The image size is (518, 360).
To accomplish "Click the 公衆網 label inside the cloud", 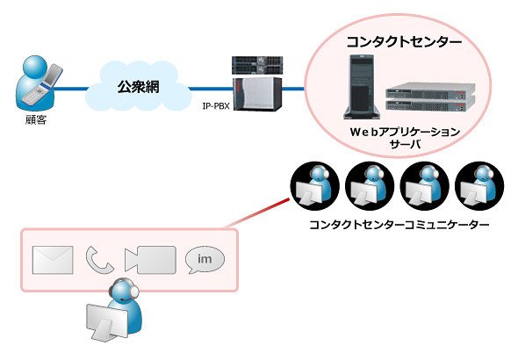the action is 139,87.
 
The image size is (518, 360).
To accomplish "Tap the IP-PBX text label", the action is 216,106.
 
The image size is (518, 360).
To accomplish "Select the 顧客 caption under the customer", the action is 36,119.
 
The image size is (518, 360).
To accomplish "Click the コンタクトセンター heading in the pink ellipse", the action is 404,42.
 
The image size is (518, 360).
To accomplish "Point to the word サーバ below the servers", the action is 405,144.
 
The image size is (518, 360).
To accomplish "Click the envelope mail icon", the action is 53,260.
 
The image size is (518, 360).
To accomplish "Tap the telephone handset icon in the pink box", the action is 99,260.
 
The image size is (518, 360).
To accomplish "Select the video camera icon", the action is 150,260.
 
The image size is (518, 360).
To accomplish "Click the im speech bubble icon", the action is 205,259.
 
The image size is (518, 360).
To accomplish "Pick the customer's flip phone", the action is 44,85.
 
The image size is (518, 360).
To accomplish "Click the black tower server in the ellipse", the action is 362,87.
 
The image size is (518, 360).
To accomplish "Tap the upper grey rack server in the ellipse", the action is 430,90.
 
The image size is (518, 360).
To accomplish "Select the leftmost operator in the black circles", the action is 315,186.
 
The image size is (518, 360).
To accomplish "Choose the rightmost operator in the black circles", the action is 479,186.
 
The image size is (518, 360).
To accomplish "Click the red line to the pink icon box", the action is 256,213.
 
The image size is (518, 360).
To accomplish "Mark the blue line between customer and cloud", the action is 70,89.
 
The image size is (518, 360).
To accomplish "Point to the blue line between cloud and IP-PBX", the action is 211,89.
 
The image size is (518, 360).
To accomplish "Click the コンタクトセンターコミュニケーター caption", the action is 399,225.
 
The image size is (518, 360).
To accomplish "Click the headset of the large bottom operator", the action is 128,286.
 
